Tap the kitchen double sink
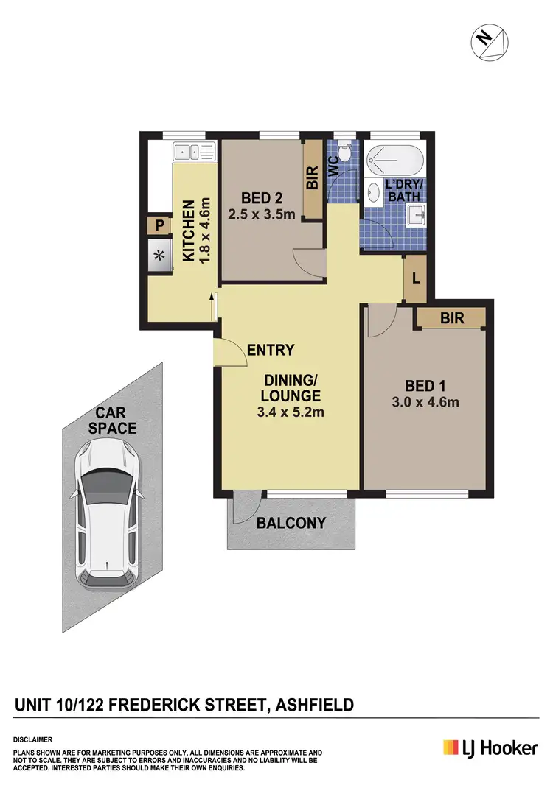click(x=194, y=152)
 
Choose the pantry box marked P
click(x=159, y=226)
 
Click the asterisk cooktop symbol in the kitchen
click(x=159, y=256)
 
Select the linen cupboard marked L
click(x=416, y=280)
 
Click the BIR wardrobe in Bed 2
click(x=313, y=179)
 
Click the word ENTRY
click(x=271, y=351)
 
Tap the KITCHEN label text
click(x=188, y=230)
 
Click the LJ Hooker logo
click(x=490, y=747)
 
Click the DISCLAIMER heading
click(x=32, y=739)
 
